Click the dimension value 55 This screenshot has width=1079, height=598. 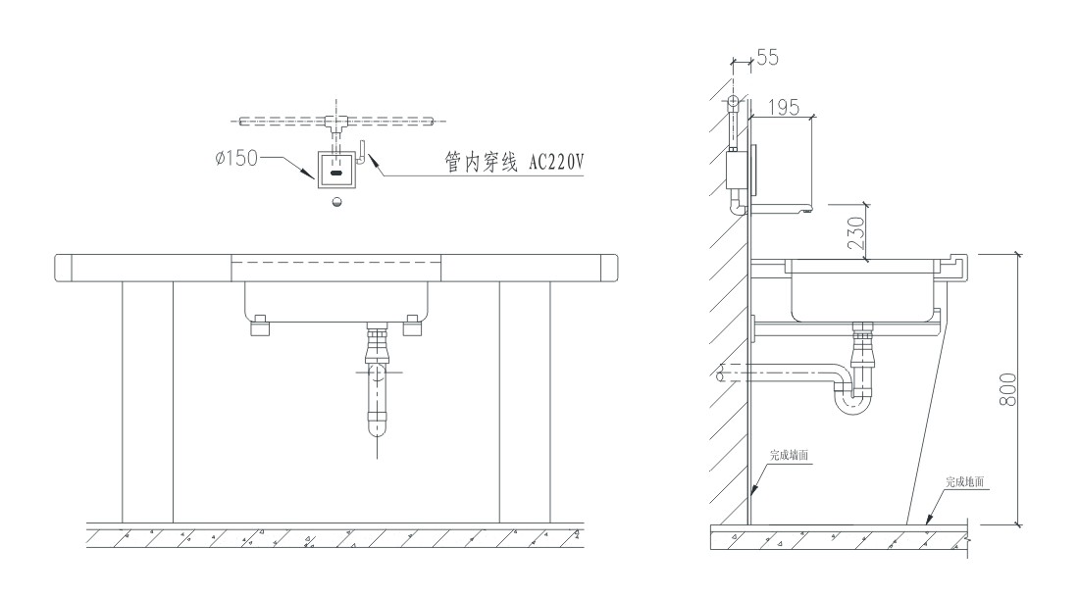click(x=768, y=58)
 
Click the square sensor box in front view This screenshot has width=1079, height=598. click(x=335, y=168)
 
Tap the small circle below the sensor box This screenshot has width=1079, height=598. click(x=336, y=203)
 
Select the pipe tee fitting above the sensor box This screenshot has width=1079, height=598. click(x=335, y=123)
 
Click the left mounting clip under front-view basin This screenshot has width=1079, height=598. click(x=260, y=327)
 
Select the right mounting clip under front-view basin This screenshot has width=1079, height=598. click(x=412, y=327)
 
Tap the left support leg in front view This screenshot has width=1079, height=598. click(x=147, y=402)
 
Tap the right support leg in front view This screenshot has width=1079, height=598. click(x=524, y=402)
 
